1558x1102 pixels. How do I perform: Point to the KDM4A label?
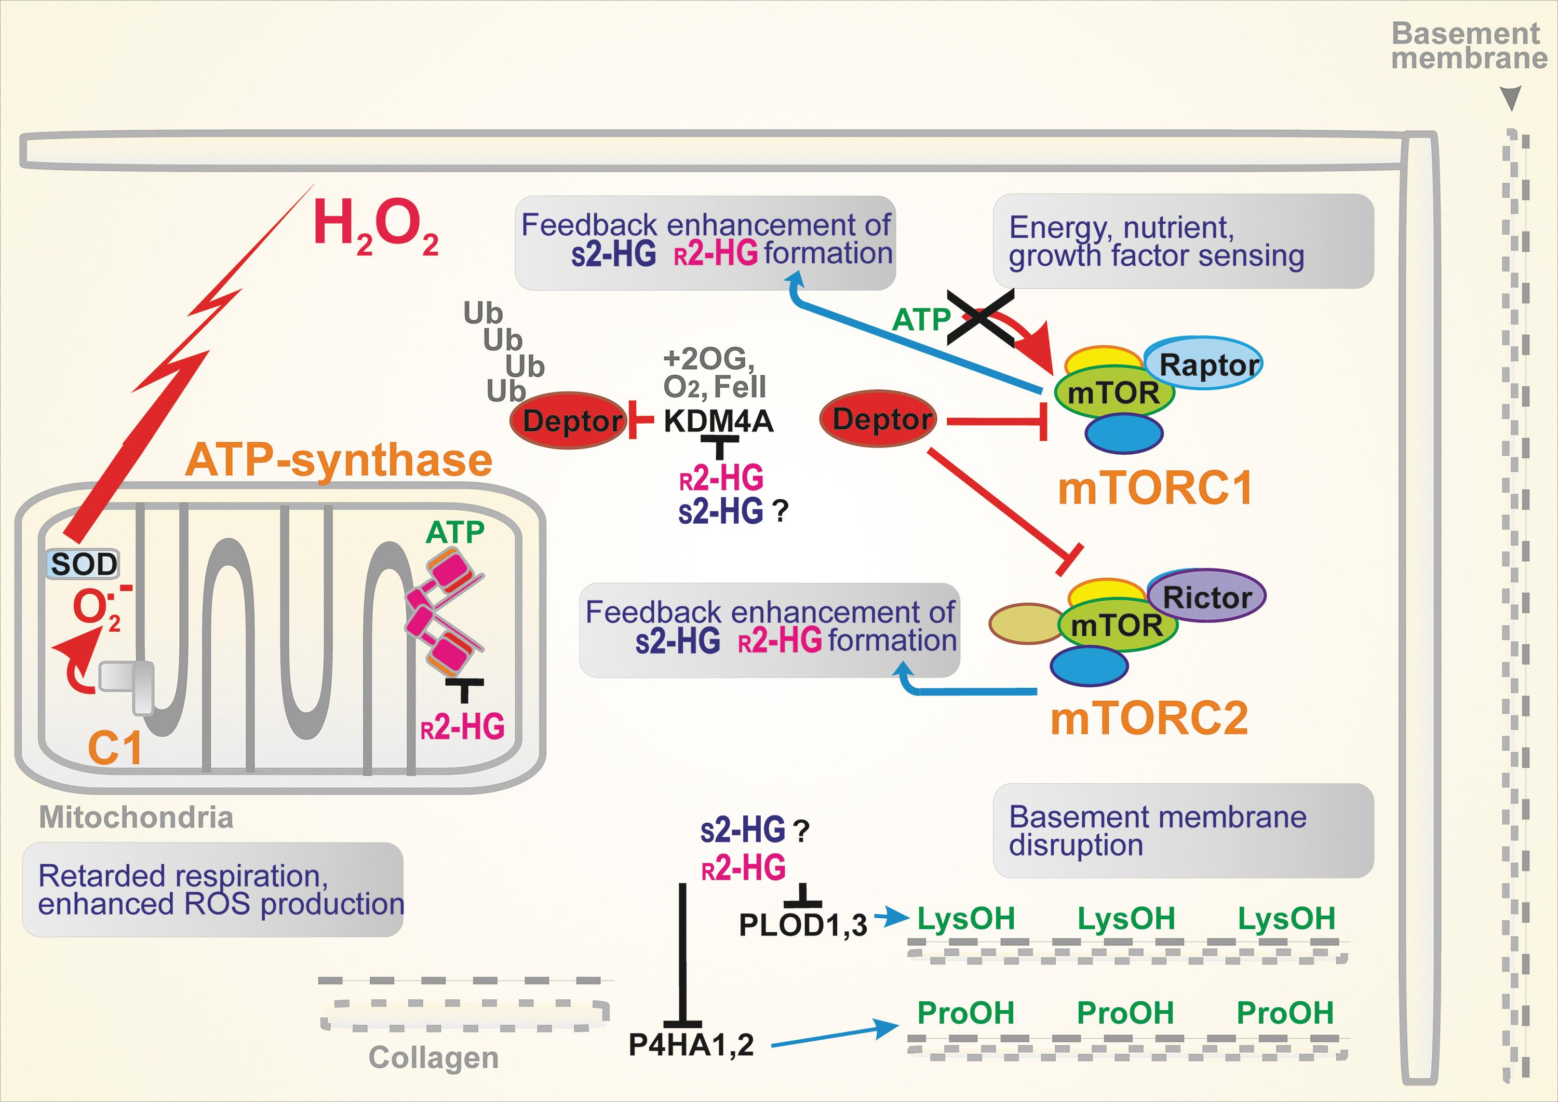coord(718,421)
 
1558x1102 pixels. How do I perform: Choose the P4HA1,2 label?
coord(691,1045)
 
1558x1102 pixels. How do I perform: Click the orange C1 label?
coord(115,748)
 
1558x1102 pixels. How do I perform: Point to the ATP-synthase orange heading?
coord(339,461)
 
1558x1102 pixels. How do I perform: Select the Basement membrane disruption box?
coord(1183,831)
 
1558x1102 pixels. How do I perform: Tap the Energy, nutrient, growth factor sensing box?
coord(1183,241)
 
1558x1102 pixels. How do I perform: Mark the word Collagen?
coord(433,1058)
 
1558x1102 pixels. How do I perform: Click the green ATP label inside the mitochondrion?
coord(455,532)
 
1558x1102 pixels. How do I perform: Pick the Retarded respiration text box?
coord(213,890)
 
